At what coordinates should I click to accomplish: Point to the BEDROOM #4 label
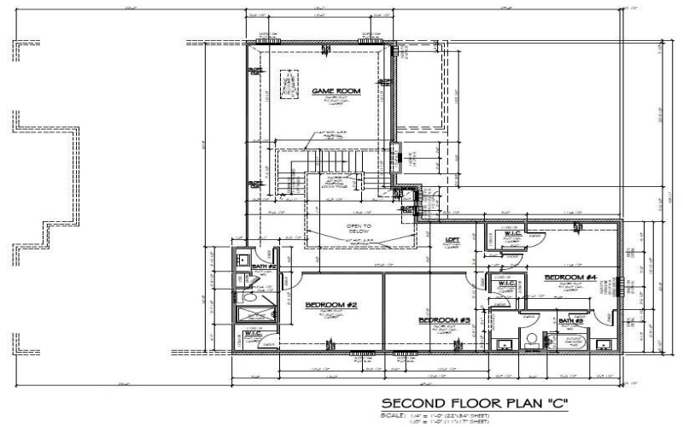tap(569, 278)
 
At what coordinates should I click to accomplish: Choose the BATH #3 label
tap(570, 322)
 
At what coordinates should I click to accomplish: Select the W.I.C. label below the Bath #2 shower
tap(254, 334)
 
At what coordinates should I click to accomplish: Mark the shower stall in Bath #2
tap(255, 316)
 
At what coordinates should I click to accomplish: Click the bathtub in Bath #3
tap(568, 343)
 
